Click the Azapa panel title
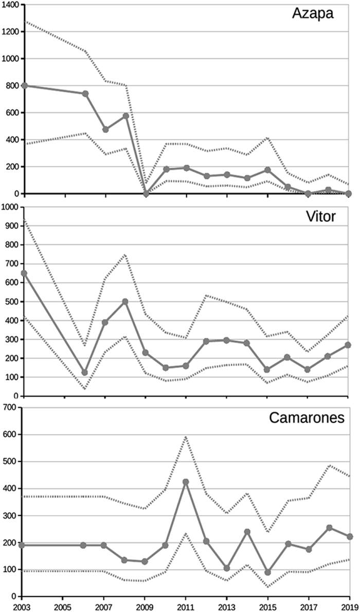click(x=313, y=13)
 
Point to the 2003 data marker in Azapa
click(x=23, y=85)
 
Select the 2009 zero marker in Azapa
click(x=146, y=193)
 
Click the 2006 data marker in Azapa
click(x=85, y=94)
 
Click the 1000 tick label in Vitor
click(x=10, y=207)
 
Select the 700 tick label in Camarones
click(x=11, y=407)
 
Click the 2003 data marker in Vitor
click(x=23, y=273)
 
